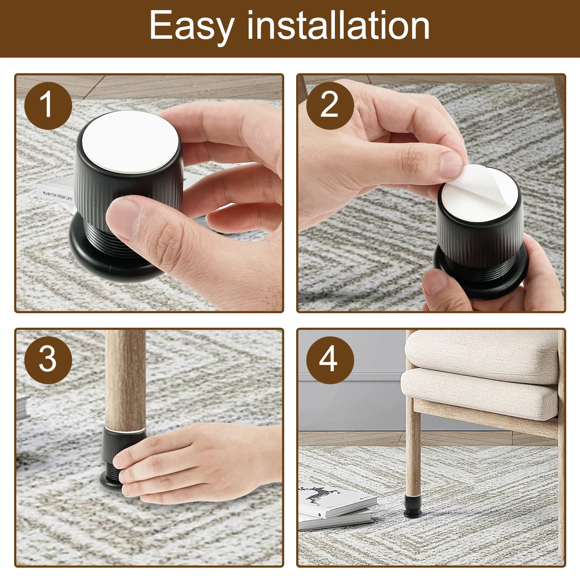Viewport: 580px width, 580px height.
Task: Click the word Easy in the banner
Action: click(191, 26)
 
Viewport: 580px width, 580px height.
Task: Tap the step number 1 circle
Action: click(48, 105)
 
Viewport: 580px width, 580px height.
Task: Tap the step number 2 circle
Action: click(330, 105)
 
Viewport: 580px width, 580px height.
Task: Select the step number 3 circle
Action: click(48, 360)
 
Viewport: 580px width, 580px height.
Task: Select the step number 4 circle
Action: click(330, 360)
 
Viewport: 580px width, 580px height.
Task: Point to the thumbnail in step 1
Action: click(123, 217)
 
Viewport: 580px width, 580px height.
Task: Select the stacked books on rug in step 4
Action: click(335, 506)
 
